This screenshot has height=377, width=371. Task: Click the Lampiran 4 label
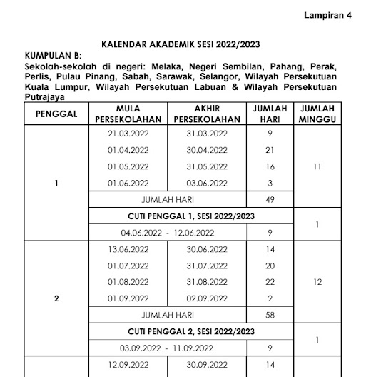[328, 16]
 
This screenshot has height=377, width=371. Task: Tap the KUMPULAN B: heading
[54, 54]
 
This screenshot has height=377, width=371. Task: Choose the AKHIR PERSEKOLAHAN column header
[206, 114]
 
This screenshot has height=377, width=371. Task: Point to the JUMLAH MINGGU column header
[317, 114]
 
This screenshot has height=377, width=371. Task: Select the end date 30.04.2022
[206, 150]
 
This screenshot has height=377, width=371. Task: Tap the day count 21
[270, 150]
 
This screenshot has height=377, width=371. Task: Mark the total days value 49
[270, 200]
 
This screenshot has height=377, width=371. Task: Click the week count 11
[317, 166]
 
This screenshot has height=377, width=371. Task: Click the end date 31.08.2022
[206, 282]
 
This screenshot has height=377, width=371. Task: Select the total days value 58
[270, 315]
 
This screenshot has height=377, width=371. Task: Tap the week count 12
[317, 282]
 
